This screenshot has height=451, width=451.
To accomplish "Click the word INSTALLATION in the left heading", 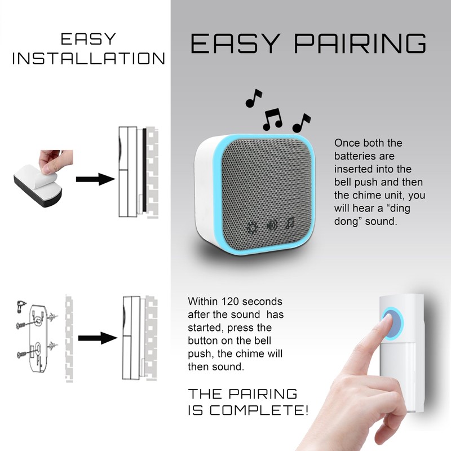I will tap(89, 59).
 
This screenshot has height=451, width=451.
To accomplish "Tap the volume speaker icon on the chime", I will tap(272, 225).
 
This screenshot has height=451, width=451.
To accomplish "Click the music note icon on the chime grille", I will tap(290, 224).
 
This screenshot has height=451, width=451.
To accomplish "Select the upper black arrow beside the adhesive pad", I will tap(95, 179).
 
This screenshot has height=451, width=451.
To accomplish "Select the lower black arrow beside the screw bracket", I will tap(97, 338).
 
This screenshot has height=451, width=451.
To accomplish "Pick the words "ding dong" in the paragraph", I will tap(397, 209).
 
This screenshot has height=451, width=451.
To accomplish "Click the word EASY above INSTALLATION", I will tap(88, 39).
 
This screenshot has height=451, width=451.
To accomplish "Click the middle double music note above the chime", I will tap(273, 118).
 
